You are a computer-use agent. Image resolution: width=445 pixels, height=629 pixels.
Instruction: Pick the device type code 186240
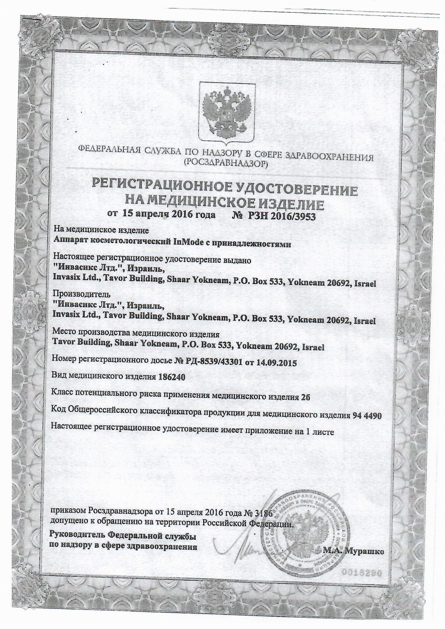(x=172, y=377)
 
